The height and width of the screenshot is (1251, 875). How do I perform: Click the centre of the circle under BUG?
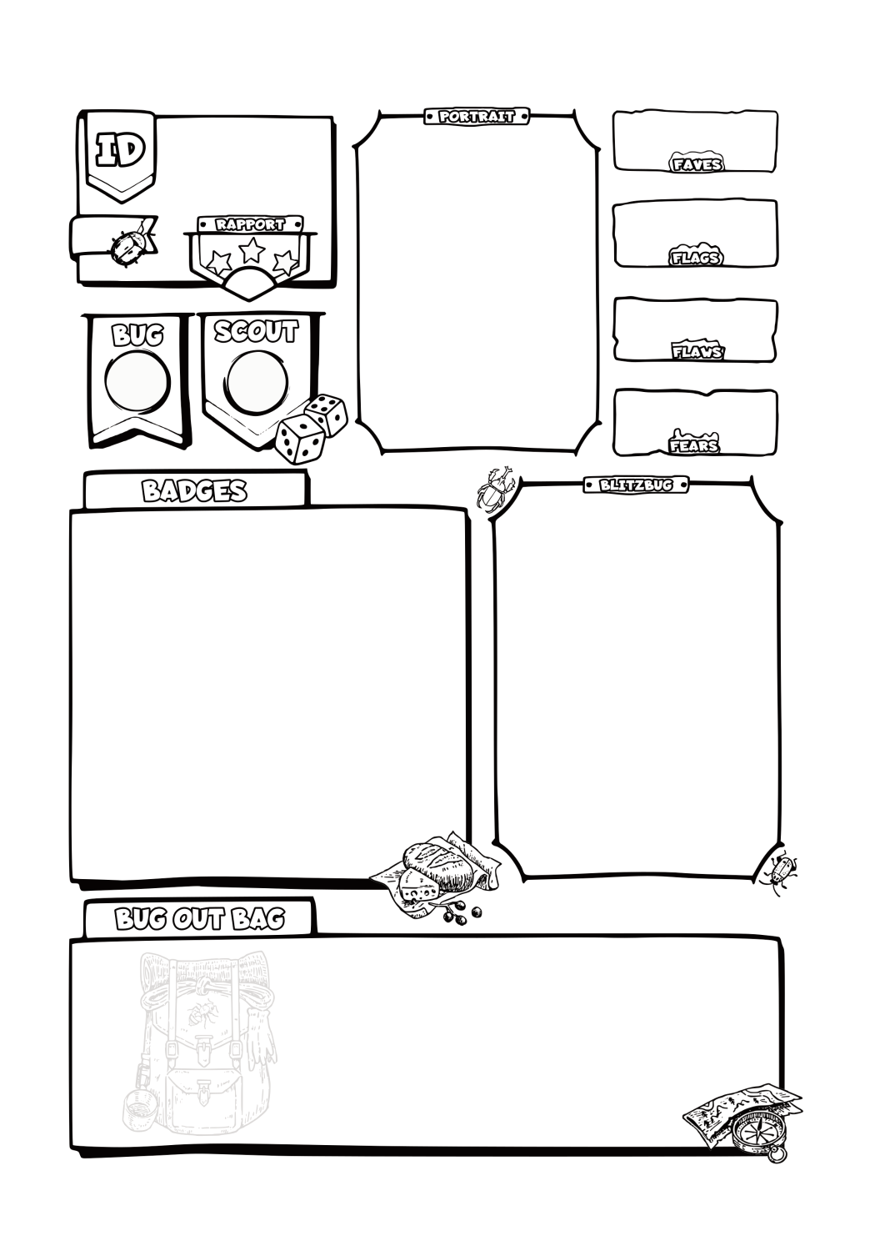(x=137, y=381)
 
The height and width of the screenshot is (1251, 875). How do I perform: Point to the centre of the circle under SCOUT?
(x=257, y=382)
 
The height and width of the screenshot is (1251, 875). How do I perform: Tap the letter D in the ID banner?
(x=130, y=149)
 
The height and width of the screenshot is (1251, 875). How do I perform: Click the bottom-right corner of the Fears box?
(x=776, y=454)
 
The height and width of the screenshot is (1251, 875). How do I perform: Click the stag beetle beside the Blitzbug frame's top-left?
(x=495, y=489)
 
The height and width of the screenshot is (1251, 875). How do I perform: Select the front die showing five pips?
(x=300, y=439)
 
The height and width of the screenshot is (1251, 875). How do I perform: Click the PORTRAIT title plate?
(x=477, y=116)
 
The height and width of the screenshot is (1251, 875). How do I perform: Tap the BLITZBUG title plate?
(x=636, y=485)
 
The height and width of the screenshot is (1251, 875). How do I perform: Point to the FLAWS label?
(x=697, y=351)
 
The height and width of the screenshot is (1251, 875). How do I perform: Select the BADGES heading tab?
(x=195, y=490)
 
